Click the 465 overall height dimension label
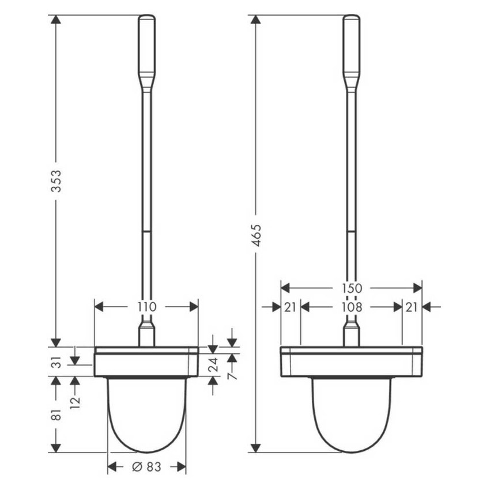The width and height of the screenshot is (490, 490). (256, 235)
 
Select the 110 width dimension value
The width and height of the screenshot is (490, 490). (146, 307)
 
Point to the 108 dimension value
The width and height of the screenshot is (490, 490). (352, 307)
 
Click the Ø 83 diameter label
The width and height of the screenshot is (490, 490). (146, 466)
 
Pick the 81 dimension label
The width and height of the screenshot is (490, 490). (56, 414)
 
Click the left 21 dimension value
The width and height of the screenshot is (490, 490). (291, 307)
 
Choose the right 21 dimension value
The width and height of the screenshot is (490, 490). (412, 307)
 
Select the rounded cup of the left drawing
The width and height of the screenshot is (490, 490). (147, 415)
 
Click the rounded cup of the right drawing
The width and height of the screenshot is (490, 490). (352, 415)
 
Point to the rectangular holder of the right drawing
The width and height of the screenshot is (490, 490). (352, 362)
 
